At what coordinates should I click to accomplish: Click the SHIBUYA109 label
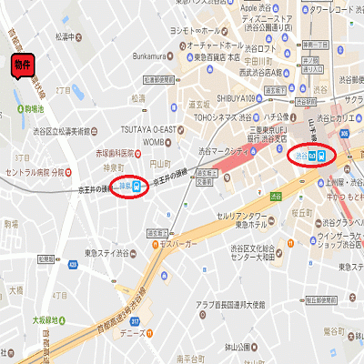pyautogui.click(x=238, y=98)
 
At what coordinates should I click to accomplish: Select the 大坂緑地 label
pyautogui.click(x=46, y=319)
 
